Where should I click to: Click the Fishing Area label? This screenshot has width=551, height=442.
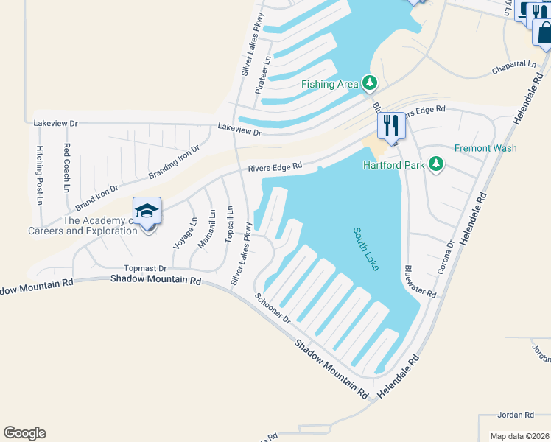coord(329,84)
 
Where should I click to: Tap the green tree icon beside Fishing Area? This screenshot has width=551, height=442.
coord(370,83)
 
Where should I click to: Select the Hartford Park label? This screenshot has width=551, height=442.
coord(393,165)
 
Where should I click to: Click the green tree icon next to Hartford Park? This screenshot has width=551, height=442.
coord(436,164)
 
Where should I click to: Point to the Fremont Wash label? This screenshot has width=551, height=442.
coord(485,148)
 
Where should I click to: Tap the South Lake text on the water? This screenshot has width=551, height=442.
coord(366,248)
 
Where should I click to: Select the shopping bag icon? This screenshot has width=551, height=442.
coord(544,32)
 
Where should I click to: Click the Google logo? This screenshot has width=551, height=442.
coord(24,433)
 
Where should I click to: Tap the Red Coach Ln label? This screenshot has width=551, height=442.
coord(66,168)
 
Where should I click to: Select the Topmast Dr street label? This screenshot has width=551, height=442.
coord(146,268)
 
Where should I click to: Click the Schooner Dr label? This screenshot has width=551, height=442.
coord(273,309)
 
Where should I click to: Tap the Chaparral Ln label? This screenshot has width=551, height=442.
coord(513,69)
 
